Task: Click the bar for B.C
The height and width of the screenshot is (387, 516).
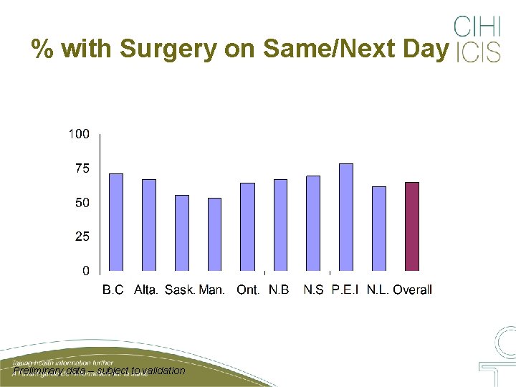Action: click(x=116, y=222)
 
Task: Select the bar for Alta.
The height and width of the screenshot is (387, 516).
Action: click(x=149, y=225)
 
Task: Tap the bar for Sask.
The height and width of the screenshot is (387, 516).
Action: click(x=182, y=233)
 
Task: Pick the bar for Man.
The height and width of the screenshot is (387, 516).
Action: click(x=214, y=234)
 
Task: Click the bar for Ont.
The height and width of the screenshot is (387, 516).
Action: click(x=247, y=226)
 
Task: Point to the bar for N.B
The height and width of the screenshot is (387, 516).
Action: click(x=280, y=225)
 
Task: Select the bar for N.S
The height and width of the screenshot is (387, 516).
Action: click(x=313, y=223)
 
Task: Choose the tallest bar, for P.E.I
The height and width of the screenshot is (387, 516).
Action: click(x=346, y=217)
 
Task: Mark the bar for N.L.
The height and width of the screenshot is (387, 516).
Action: click(x=379, y=229)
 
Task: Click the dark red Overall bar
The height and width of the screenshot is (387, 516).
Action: click(x=412, y=226)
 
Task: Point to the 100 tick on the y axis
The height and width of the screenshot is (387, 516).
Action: click(x=79, y=134)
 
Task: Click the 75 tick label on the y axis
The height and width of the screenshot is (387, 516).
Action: click(x=82, y=168)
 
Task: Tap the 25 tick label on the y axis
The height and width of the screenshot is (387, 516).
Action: click(x=82, y=236)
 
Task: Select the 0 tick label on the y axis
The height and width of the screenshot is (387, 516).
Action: click(x=86, y=271)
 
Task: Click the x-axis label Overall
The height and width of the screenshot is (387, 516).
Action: click(x=412, y=290)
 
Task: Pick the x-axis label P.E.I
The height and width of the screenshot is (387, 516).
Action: click(x=346, y=290)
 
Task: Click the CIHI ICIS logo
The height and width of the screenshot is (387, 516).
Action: click(x=477, y=39)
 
